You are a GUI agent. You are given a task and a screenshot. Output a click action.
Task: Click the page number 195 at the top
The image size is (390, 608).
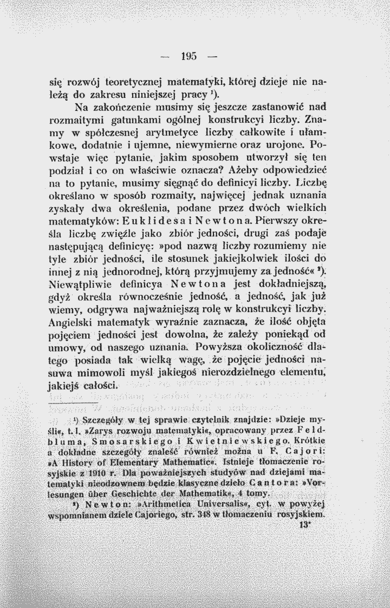click(188, 55)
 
